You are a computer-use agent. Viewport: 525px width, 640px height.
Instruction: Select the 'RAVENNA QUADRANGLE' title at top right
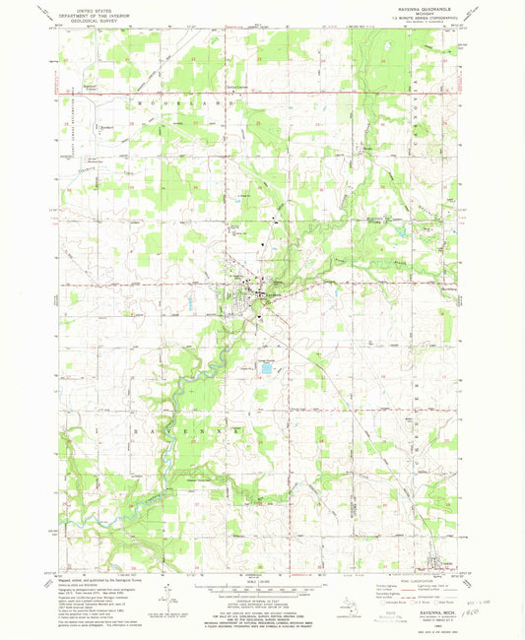click(x=414, y=6)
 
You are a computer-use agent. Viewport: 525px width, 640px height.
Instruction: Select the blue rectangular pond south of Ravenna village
click(x=265, y=369)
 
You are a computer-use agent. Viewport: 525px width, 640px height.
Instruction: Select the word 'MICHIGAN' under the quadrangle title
click(x=414, y=12)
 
